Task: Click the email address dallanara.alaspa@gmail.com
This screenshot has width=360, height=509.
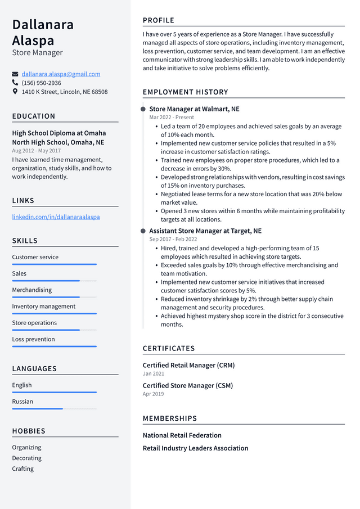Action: pyautogui.click(x=61, y=74)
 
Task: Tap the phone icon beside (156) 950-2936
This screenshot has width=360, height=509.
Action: pyautogui.click(x=15, y=83)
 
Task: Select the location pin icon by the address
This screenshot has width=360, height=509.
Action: pyautogui.click(x=15, y=92)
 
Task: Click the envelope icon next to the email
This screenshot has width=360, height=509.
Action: pyautogui.click(x=15, y=74)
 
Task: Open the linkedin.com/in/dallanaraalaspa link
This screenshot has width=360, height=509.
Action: pyautogui.click(x=56, y=217)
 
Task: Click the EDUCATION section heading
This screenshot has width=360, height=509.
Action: pyautogui.click(x=34, y=116)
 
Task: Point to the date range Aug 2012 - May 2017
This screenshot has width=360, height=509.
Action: pyautogui.click(x=37, y=151)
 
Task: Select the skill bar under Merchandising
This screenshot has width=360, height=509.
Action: pyautogui.click(x=54, y=297)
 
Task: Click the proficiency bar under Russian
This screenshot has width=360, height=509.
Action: pyautogui.click(x=54, y=408)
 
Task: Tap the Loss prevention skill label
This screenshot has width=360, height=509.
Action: pyautogui.click(x=34, y=339)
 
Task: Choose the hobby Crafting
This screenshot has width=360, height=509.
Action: pyautogui.click(x=23, y=469)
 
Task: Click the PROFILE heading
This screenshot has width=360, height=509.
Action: pyautogui.click(x=159, y=21)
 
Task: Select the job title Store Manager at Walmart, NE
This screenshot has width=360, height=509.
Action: pyautogui.click(x=194, y=109)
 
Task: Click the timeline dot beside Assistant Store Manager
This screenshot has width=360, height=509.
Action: pyautogui.click(x=143, y=231)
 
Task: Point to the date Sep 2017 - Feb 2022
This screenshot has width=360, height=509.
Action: pyautogui.click(x=173, y=239)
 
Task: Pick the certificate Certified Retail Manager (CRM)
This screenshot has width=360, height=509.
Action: pyautogui.click(x=188, y=366)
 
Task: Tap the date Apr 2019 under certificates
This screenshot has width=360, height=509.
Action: pyautogui.click(x=153, y=394)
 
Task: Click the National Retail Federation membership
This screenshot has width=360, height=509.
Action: pyautogui.click(x=182, y=435)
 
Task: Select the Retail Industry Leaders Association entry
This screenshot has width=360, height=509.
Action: pyautogui.click(x=195, y=448)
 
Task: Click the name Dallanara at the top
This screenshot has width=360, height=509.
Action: pyautogui.click(x=43, y=25)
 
